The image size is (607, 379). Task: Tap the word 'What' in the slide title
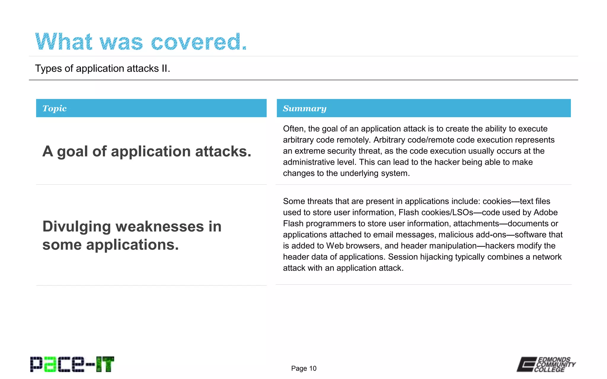point(64,42)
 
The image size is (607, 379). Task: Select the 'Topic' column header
point(55,108)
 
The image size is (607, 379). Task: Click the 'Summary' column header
point(304,108)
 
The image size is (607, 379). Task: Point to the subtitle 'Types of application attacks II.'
point(103,68)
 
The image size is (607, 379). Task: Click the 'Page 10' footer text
point(304,368)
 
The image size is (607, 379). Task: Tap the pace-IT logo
point(72,364)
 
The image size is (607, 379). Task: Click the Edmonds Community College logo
point(546,364)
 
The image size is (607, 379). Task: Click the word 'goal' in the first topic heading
point(72,151)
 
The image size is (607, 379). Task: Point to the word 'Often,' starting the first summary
point(294,129)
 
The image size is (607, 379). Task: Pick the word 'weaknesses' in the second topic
point(159,227)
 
